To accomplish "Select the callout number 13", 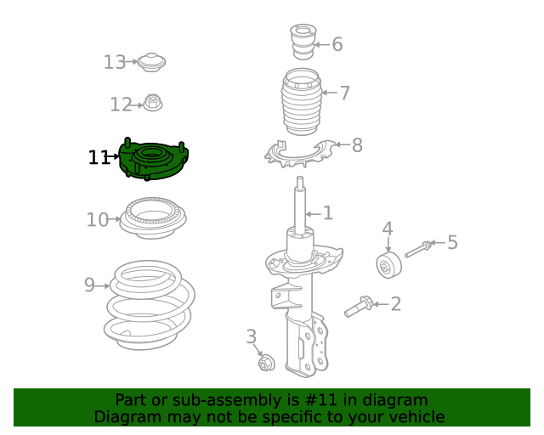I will (x=114, y=62).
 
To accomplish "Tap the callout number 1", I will (x=327, y=213).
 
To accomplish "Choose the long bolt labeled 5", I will (x=419, y=249).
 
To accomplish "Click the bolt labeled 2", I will (x=358, y=307).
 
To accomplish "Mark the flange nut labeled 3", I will (x=265, y=364).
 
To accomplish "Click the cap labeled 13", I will (x=152, y=62).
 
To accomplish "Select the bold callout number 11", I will (x=99, y=157).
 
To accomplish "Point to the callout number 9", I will (x=89, y=285).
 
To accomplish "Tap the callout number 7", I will (x=344, y=93).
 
